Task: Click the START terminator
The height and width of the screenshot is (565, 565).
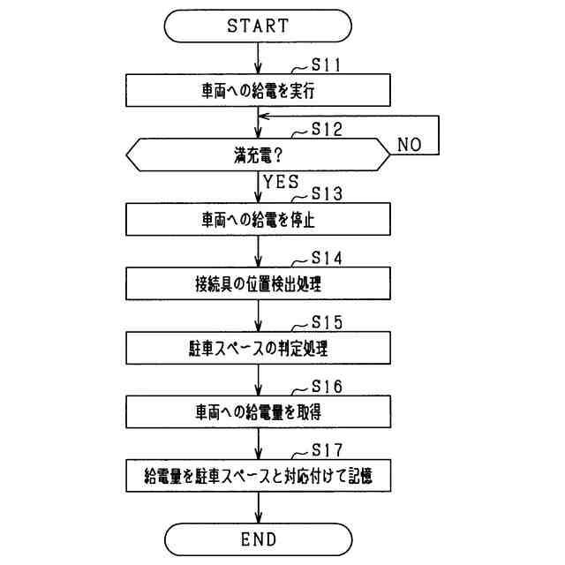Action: tap(257, 26)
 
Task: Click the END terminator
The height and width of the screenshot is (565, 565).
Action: tap(257, 539)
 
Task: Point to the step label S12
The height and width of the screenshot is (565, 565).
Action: tap(326, 129)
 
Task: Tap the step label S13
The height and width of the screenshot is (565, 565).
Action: tap(326, 193)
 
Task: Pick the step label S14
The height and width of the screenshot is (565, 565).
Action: tap(326, 258)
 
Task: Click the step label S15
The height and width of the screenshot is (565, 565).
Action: tap(326, 322)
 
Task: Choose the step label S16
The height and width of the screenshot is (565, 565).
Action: tap(326, 387)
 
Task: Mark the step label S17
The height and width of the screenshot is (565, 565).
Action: tap(326, 451)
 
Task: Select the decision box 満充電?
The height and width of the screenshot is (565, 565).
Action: tap(257, 155)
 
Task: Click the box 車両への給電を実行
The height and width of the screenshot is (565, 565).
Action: tap(257, 90)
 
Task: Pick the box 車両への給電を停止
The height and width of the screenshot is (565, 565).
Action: tap(257, 220)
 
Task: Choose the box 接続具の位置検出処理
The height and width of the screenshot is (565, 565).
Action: tap(257, 284)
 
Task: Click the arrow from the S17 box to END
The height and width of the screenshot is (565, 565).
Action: tap(257, 508)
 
